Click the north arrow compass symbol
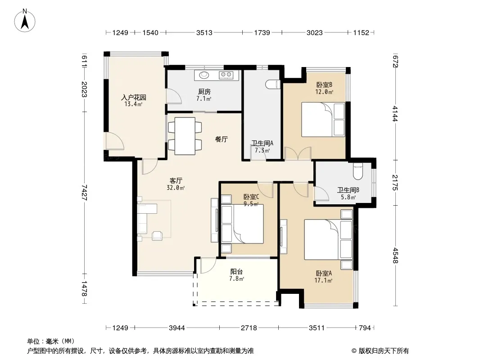pos(25,21)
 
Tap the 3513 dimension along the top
pos(204,32)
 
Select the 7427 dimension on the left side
pos(84,193)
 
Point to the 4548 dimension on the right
pos(395,256)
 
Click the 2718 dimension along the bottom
pos(249,328)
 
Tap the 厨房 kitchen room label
pos(204,92)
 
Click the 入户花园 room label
pos(133,98)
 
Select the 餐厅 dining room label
pos(222,139)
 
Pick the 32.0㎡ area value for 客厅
pos(176,188)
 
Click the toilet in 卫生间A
pos(273,85)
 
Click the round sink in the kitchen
pos(204,75)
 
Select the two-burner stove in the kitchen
pos(226,75)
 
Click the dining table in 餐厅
pos(185,136)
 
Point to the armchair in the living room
pos(158,235)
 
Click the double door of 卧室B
pos(298,153)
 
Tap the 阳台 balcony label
pos(237,272)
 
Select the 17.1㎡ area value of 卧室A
pos(324,280)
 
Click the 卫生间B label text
pos(348,190)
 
